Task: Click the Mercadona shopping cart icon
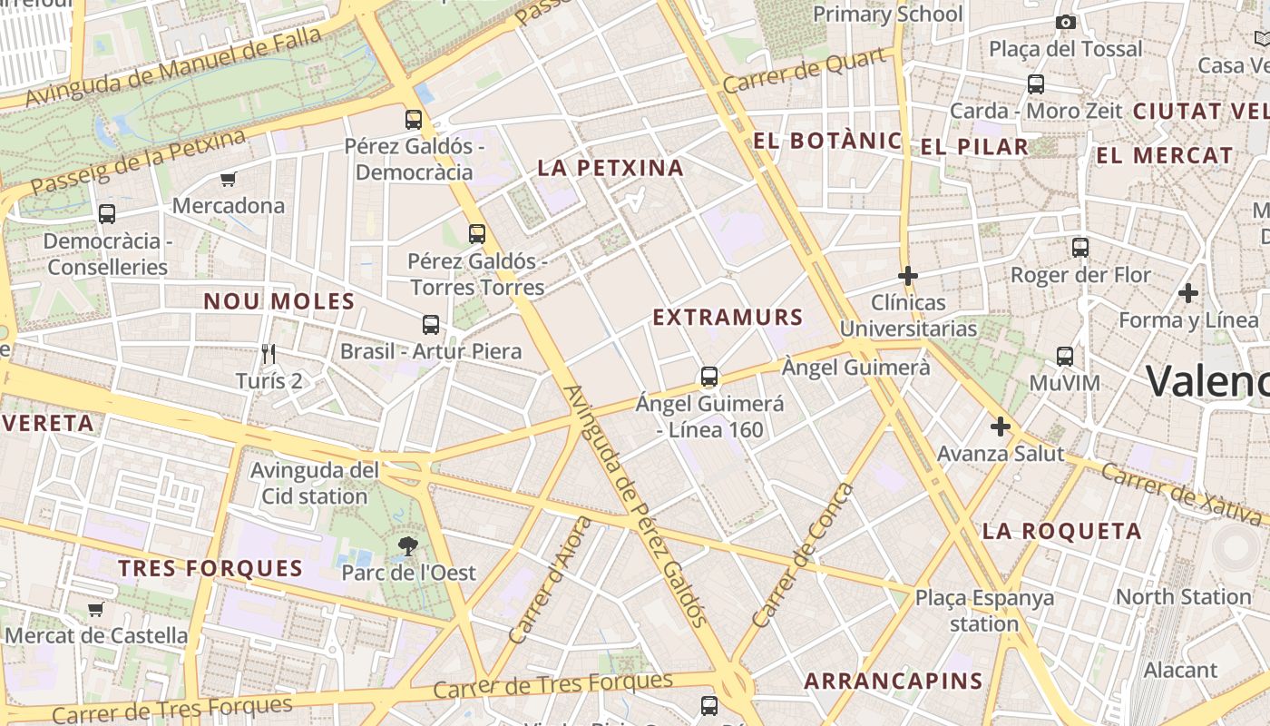pyautogui.click(x=228, y=180)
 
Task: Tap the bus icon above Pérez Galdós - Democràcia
pyautogui.click(x=414, y=119)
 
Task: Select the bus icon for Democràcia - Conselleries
pyautogui.click(x=107, y=214)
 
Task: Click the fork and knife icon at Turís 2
pyautogui.click(x=268, y=353)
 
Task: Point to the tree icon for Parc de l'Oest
pyautogui.click(x=408, y=545)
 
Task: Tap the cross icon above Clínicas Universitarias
pyautogui.click(x=907, y=275)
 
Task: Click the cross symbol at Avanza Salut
pyautogui.click(x=1001, y=426)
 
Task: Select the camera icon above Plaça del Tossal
pyautogui.click(x=1066, y=22)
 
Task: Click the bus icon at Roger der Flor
pyautogui.click(x=1079, y=247)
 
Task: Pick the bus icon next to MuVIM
pyautogui.click(x=1065, y=357)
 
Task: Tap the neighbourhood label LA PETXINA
pyautogui.click(x=611, y=168)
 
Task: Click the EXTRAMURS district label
pyautogui.click(x=728, y=317)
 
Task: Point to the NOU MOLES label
pyautogui.click(x=278, y=301)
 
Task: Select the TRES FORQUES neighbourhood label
pyautogui.click(x=210, y=569)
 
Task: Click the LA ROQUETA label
pyautogui.click(x=1062, y=531)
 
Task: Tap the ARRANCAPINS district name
pyautogui.click(x=894, y=681)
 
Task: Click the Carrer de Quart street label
pyautogui.click(x=805, y=71)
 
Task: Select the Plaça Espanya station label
pyautogui.click(x=984, y=611)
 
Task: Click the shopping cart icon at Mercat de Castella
pyautogui.click(x=95, y=609)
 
